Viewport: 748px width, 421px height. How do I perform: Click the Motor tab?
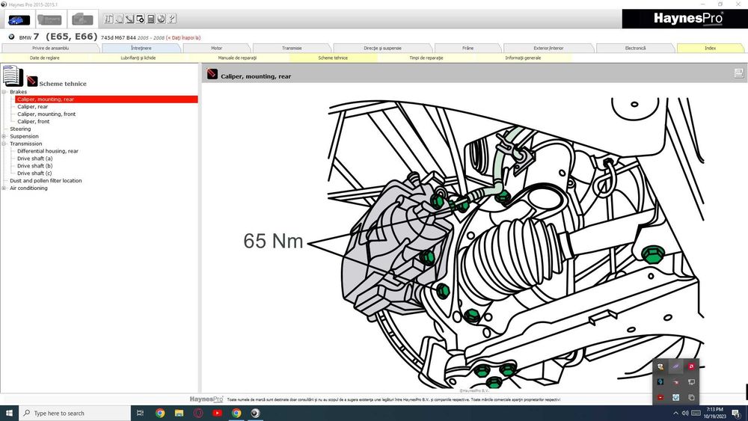point(216,48)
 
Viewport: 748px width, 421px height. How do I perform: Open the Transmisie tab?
point(292,48)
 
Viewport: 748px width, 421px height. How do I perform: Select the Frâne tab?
point(468,48)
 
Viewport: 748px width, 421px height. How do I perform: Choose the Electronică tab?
point(635,48)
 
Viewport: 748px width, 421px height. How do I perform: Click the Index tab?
point(710,48)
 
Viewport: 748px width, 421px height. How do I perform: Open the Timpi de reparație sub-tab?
point(426,58)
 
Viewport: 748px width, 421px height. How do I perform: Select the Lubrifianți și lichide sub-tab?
point(138,58)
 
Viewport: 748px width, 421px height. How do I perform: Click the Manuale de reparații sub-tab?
point(237,58)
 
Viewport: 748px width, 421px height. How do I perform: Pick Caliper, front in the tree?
point(34,121)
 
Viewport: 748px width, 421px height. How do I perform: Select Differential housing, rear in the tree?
point(48,151)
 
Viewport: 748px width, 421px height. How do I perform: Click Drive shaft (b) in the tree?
point(35,166)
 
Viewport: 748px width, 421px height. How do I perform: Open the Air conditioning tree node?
point(28,188)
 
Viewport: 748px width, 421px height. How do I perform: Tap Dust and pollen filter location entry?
point(46,180)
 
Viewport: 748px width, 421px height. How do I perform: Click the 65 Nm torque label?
point(273,241)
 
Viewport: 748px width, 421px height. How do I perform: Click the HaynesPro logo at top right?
point(684,19)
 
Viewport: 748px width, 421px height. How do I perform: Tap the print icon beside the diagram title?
point(738,73)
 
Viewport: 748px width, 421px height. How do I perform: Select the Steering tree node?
point(20,129)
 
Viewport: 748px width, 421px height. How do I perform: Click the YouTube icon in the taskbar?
point(217,413)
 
